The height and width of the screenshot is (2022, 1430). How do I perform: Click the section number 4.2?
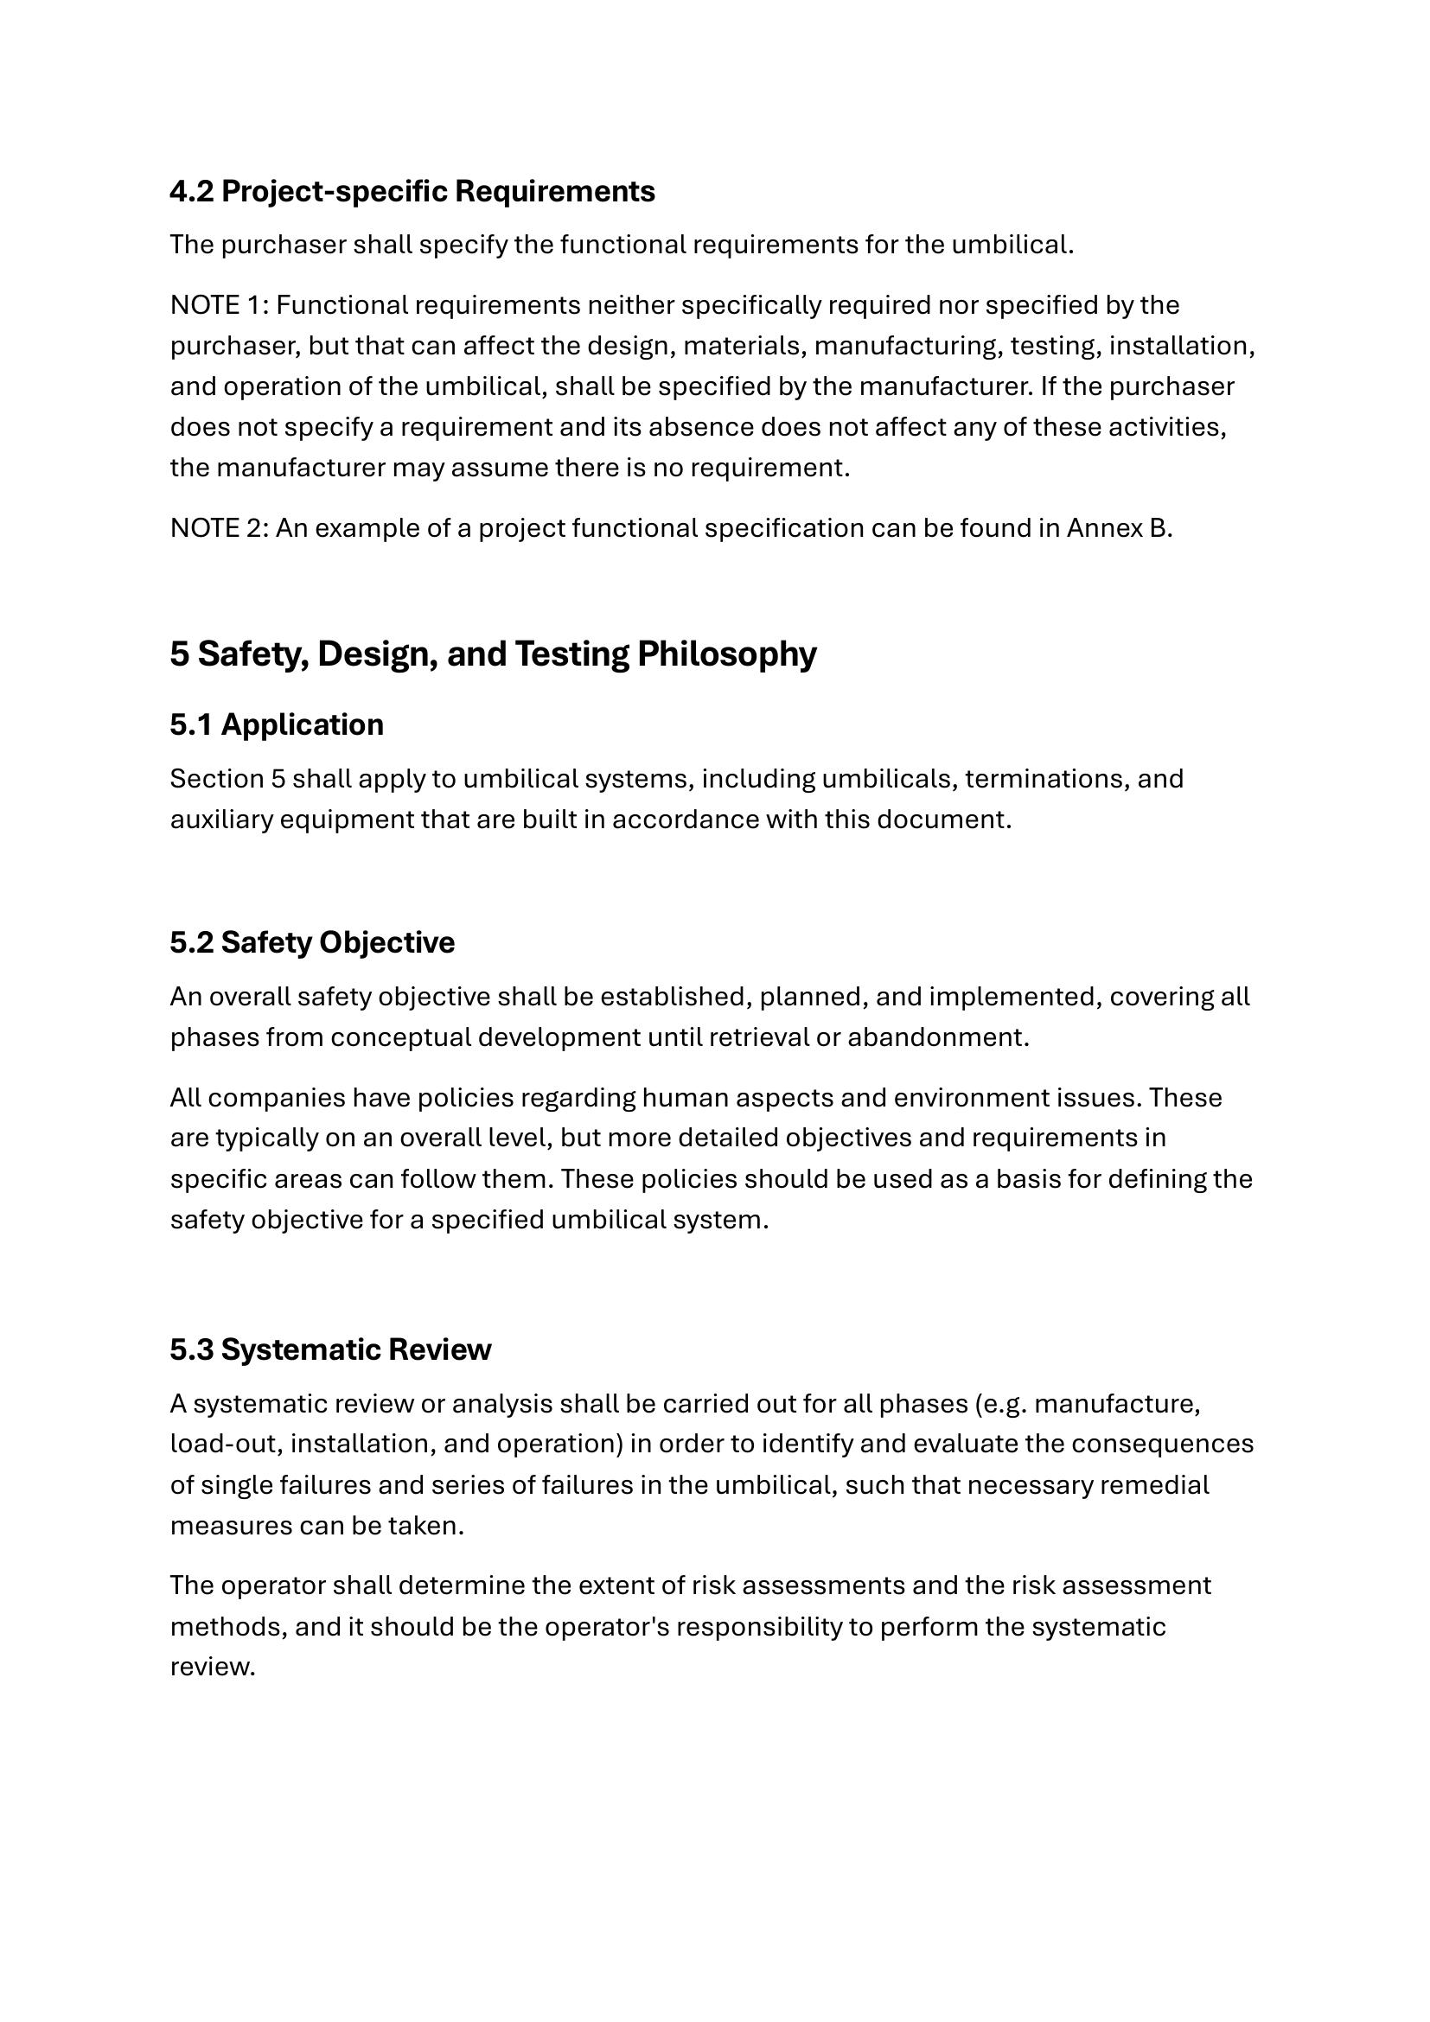point(191,191)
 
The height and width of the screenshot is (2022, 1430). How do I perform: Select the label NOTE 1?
point(219,304)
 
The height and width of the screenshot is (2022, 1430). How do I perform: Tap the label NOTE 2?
point(219,527)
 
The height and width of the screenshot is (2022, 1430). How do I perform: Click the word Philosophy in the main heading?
point(726,654)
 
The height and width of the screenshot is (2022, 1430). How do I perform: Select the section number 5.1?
point(191,724)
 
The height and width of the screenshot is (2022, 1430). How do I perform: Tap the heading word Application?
point(302,724)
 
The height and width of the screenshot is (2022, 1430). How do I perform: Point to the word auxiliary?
point(221,819)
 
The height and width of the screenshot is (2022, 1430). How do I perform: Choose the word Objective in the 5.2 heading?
point(386,941)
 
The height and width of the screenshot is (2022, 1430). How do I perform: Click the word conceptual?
point(400,1037)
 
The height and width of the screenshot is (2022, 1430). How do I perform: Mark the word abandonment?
point(938,1037)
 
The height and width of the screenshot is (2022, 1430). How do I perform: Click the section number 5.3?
point(191,1349)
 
